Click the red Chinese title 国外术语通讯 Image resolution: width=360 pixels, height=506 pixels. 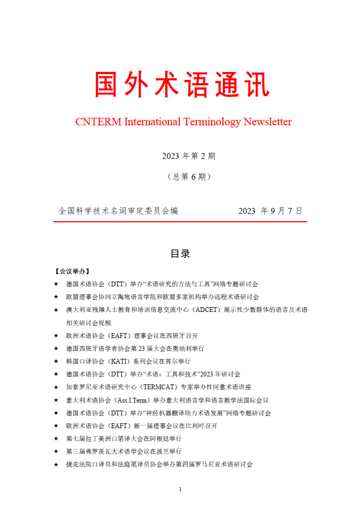point(182,85)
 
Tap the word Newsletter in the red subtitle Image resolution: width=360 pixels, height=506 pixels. point(268,122)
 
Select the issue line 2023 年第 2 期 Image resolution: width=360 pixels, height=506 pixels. point(189,156)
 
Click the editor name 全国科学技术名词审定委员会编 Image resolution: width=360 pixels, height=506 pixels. point(118,211)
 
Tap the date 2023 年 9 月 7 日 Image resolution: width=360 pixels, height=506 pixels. point(270,211)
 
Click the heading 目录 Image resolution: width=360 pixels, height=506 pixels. point(180,253)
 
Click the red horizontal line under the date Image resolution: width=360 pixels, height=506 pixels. point(180,222)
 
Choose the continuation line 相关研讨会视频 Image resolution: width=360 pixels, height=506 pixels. point(89,323)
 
